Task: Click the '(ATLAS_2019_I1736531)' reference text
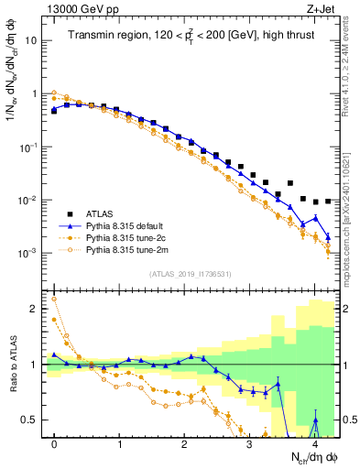191,274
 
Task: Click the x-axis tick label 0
54,444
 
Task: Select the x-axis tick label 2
184,444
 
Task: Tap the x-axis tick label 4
314,444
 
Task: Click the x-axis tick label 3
249,444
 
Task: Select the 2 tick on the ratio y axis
33,309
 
